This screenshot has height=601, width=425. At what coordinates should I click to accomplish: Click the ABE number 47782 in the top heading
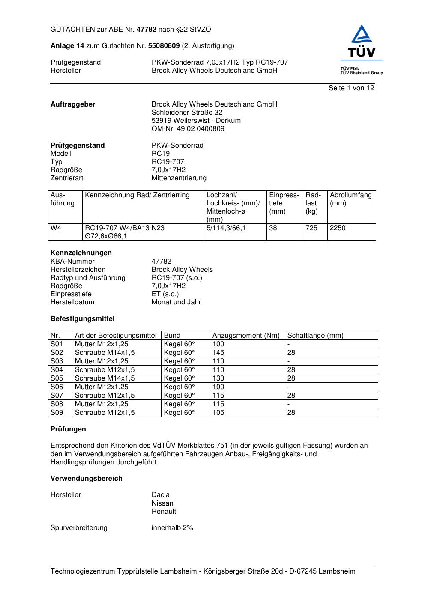pyautogui.click(x=147, y=30)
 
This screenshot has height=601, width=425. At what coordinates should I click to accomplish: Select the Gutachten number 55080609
pyautogui.click(x=164, y=46)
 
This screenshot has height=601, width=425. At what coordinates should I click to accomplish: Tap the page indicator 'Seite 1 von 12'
pyautogui.click(x=351, y=88)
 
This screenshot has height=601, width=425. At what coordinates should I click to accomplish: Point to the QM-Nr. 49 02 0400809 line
pyautogui.click(x=188, y=129)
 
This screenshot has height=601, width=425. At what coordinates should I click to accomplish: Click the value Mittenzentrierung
pyautogui.click(x=179, y=178)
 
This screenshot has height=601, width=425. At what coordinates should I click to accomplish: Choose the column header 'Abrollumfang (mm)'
pyautogui.click(x=350, y=199)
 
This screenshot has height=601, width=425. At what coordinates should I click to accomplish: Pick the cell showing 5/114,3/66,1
pyautogui.click(x=226, y=228)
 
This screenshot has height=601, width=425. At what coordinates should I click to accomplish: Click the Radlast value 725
pyautogui.click(x=311, y=228)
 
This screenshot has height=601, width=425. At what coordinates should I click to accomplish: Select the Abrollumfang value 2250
pyautogui.click(x=338, y=228)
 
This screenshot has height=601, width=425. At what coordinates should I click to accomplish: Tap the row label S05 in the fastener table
pyautogui.click(x=57, y=378)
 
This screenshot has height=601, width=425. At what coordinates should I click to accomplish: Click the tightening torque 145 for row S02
pyautogui.click(x=218, y=353)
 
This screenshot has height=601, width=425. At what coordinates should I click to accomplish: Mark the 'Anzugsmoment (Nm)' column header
pyautogui.click(x=246, y=336)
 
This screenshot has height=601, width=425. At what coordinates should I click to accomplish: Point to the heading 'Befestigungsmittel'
pyautogui.click(x=82, y=319)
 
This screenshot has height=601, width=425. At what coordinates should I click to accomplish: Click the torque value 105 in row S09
pyautogui.click(x=218, y=413)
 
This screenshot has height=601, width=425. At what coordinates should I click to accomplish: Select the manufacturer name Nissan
pyautogui.click(x=162, y=503)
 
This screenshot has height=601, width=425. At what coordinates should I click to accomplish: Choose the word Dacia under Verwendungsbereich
pyautogui.click(x=161, y=495)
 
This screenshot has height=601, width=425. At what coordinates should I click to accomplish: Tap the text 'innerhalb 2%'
pyautogui.click(x=172, y=528)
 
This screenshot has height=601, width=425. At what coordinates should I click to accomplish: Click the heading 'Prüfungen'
pyautogui.click(x=68, y=429)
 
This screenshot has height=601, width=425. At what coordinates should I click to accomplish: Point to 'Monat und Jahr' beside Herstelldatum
pyautogui.click(x=176, y=302)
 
